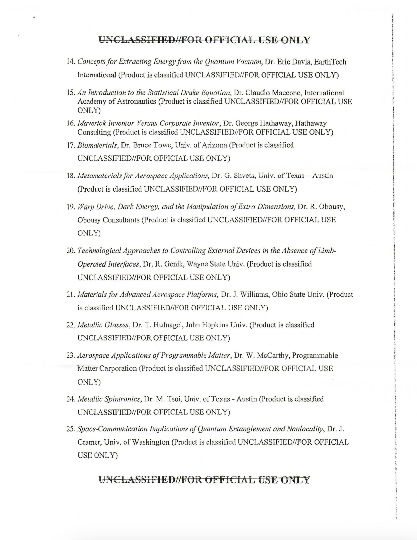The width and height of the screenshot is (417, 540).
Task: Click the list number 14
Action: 71,62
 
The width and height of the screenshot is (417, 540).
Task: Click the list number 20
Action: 71,251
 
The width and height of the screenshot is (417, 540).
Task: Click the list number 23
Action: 71,356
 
